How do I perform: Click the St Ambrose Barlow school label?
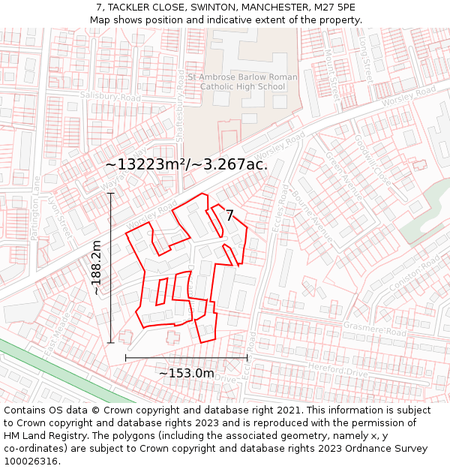242,82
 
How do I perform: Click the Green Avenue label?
343,176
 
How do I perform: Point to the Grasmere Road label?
374,330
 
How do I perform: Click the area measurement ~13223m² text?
186,164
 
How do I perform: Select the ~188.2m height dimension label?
96,267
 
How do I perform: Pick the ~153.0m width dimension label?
186,373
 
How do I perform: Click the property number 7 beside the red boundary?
229,215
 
